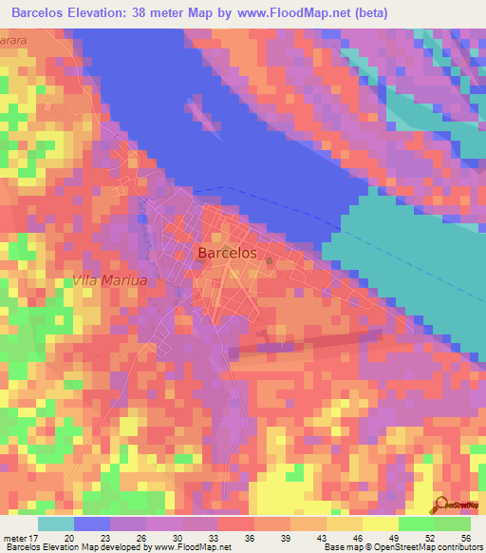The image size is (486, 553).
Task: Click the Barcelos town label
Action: (x=228, y=253)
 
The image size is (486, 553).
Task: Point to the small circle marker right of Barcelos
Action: (x=270, y=259)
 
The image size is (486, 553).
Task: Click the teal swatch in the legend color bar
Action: (x=56, y=524)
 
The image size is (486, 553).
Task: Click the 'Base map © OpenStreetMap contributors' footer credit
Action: (x=401, y=547)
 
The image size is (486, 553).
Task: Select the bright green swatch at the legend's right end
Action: (x=453, y=524)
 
